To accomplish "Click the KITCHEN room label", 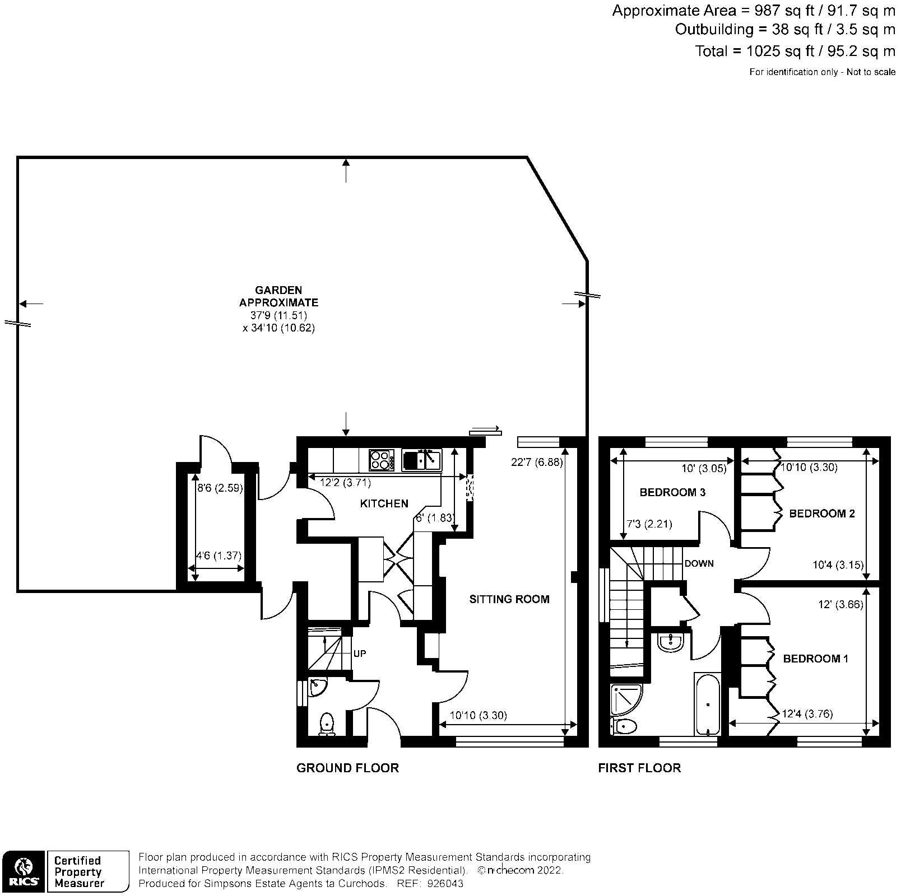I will [384, 503].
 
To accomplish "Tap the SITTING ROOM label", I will [509, 599].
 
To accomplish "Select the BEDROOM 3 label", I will [672, 492].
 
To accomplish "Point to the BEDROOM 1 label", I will [815, 659].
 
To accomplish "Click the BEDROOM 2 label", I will [821, 513].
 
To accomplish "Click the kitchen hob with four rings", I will [380, 460].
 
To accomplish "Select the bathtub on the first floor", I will [707, 704].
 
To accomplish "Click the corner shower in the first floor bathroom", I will [625, 699].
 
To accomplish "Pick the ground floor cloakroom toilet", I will [327, 724].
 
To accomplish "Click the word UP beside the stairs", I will [360, 654].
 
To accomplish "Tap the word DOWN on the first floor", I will [699, 563].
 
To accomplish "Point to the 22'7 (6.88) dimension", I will [536, 463].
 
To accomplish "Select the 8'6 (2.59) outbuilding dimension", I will [220, 488].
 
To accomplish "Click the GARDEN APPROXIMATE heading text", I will [278, 296].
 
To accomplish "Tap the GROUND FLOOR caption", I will [347, 768].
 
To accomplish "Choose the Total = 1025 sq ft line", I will [795, 51].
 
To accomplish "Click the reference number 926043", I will [445, 884].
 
